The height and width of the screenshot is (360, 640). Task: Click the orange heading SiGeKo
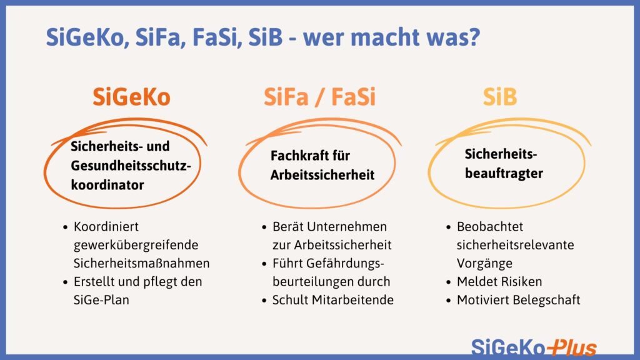coord(131,97)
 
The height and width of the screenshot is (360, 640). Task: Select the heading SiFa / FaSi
coord(319,97)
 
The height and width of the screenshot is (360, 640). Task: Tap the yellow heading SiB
coord(500,97)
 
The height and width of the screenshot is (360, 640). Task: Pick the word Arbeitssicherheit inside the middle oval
coord(322,175)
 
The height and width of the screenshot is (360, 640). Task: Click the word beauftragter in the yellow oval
coord(504,174)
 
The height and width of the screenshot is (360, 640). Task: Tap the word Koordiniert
coord(106,227)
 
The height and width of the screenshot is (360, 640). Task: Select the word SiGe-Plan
coord(100,300)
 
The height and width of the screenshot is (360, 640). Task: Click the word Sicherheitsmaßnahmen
coord(142,263)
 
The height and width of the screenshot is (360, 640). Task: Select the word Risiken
coord(520,281)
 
